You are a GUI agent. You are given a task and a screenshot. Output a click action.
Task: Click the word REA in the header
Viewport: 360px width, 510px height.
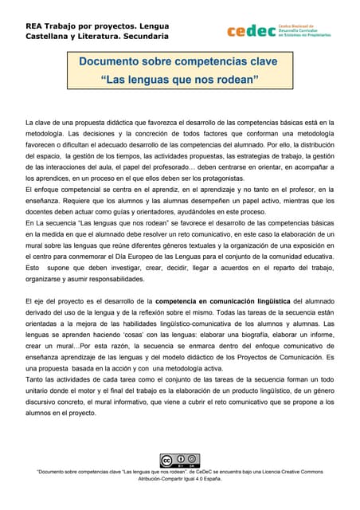(36, 23)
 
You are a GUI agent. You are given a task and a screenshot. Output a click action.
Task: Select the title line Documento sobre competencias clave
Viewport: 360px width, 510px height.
(179, 61)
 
